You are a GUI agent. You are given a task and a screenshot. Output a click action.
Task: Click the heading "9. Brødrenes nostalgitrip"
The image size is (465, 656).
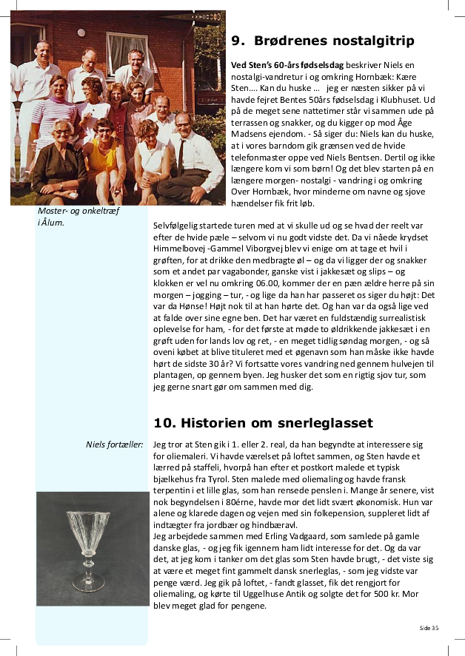tap(323, 41)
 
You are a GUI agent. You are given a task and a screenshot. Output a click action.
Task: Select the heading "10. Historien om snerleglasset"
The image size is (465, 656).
tap(264, 422)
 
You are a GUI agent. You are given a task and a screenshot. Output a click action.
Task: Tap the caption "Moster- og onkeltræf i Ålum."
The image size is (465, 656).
tap(78, 216)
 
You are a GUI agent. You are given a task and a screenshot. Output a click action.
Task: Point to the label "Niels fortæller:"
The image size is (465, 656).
tap(114, 444)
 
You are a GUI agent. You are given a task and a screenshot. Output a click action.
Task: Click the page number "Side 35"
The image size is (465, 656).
tap(429, 628)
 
